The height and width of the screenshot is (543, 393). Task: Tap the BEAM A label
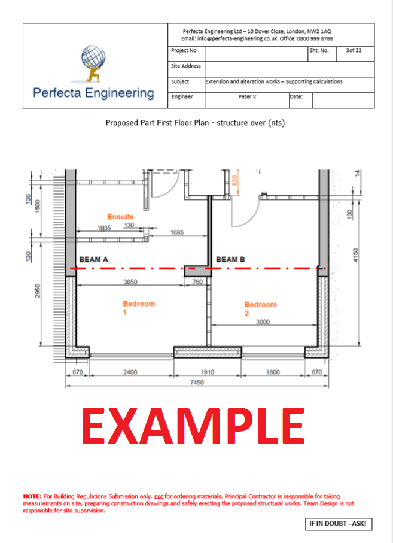tap(94, 260)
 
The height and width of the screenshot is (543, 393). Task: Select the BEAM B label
tap(230, 260)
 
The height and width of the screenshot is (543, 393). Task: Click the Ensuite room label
tap(120, 216)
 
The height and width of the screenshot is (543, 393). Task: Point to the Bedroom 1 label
tap(139, 308)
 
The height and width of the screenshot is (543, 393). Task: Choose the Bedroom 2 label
tap(260, 308)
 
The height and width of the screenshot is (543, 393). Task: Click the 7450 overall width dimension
tap(197, 382)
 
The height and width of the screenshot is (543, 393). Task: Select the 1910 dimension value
tap(208, 372)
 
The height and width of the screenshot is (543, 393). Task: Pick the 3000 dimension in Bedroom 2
tap(263, 321)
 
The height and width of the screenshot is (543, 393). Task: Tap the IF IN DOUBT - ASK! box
tap(339, 524)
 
